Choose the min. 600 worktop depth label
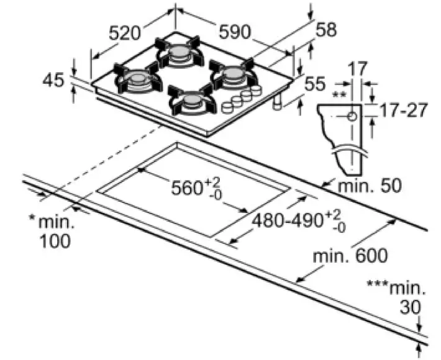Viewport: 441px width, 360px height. [350, 255]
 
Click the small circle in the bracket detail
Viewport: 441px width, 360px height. [352, 116]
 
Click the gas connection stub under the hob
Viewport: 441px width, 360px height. [277, 102]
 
